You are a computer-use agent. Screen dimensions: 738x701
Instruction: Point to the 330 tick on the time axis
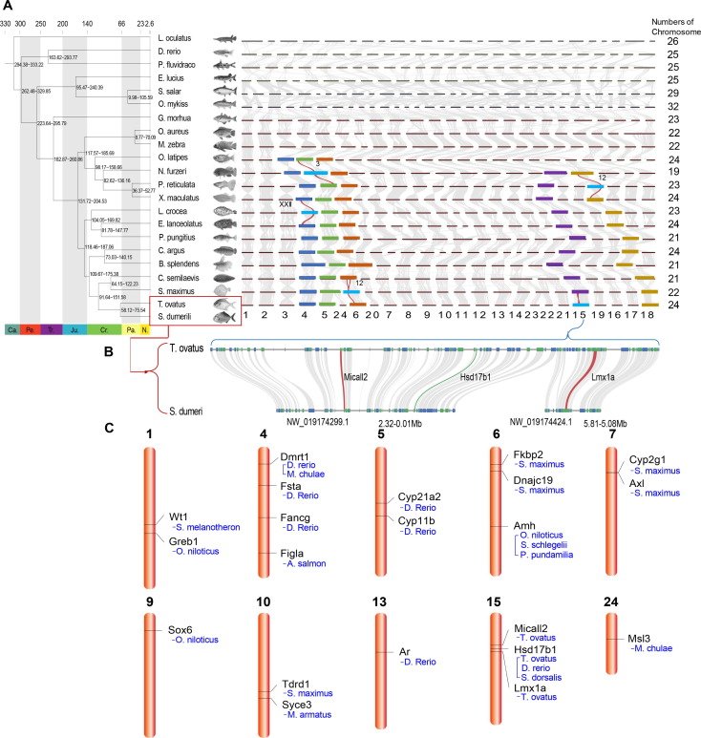[8, 21]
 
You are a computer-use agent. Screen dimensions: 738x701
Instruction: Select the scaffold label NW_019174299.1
[324, 419]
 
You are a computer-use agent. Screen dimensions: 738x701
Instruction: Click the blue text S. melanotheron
[204, 527]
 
